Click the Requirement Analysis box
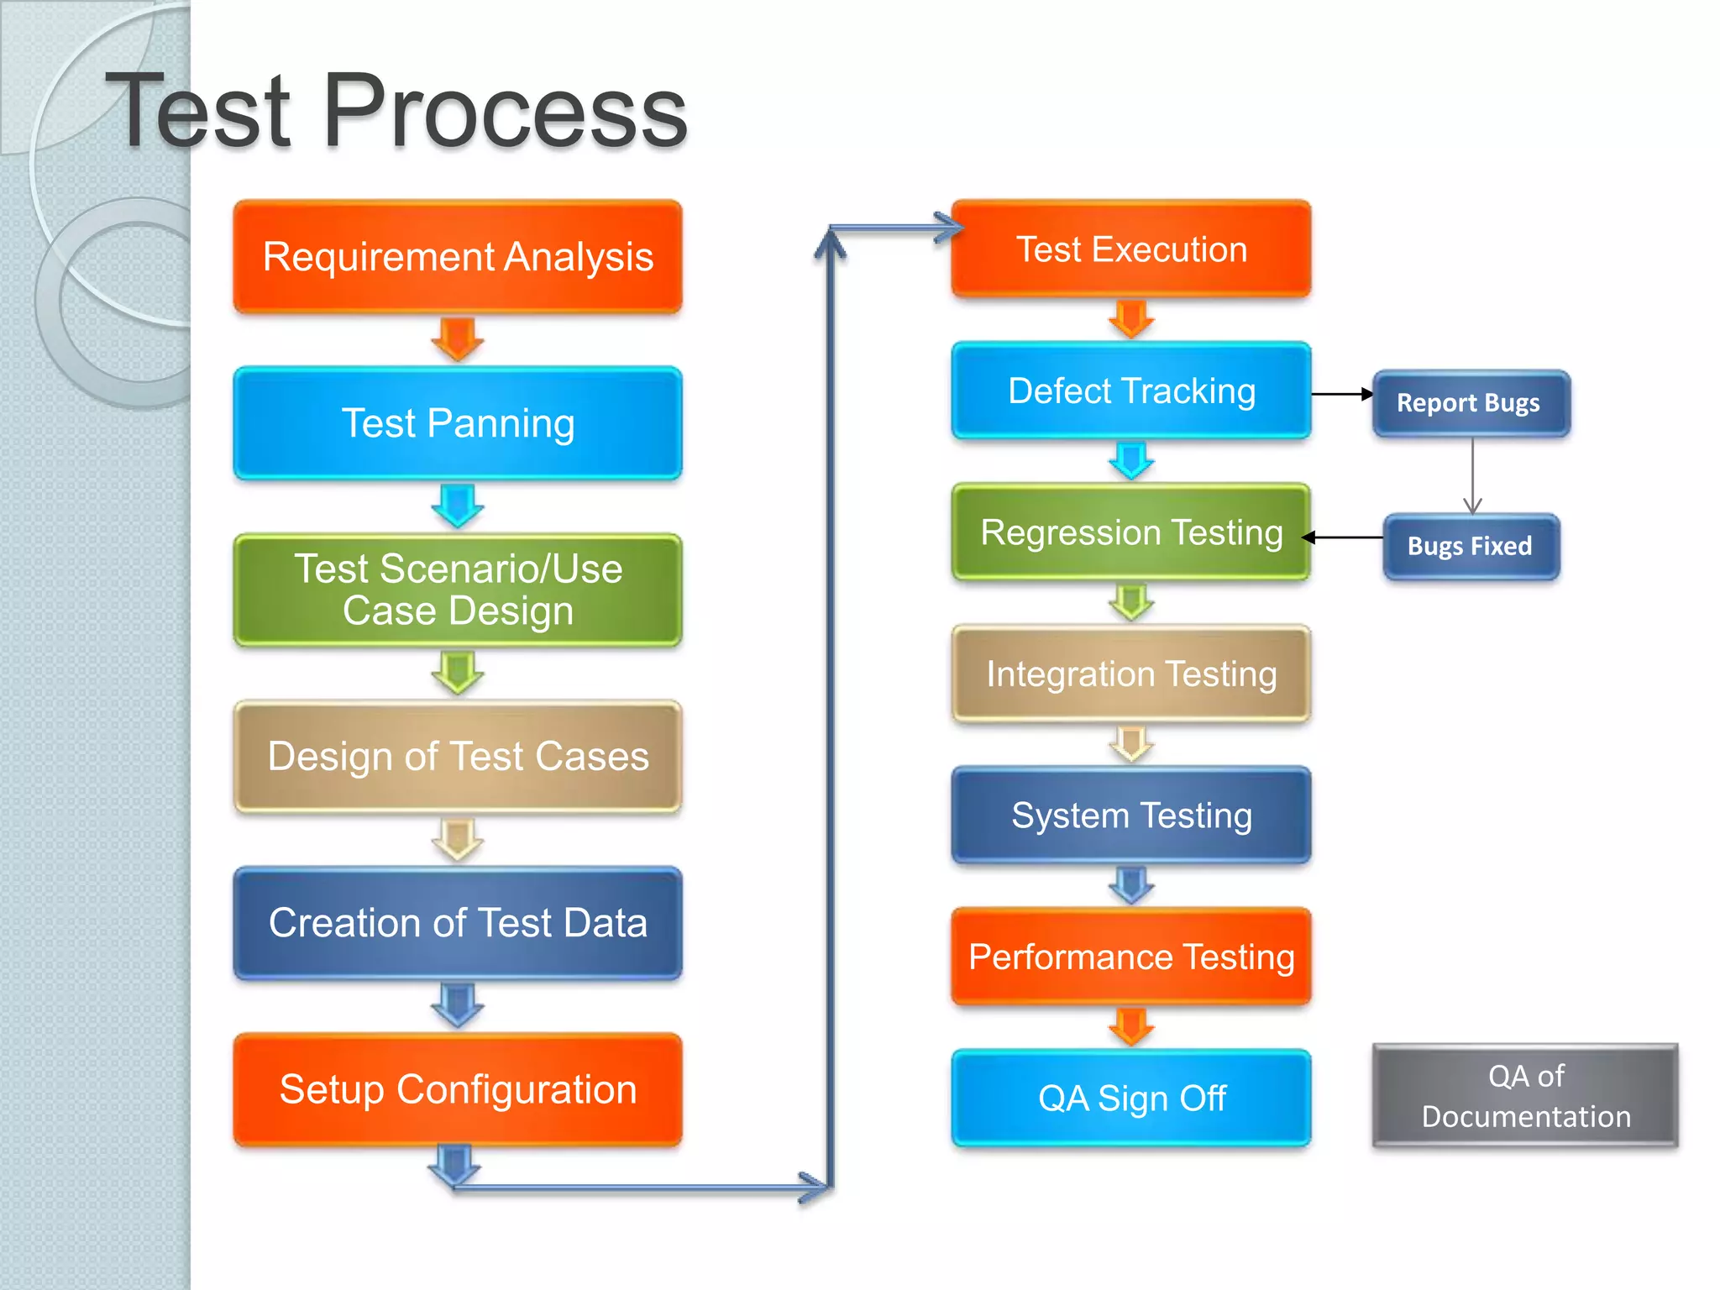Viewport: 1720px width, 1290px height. (x=458, y=257)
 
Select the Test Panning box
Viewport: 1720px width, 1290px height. (x=458, y=423)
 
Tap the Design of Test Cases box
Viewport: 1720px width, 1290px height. (x=458, y=756)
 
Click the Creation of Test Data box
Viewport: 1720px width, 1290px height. (x=458, y=923)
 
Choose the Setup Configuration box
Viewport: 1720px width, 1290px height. (x=458, y=1089)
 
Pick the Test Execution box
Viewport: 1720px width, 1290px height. (x=1131, y=249)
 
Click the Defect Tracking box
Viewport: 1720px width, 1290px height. (x=1131, y=391)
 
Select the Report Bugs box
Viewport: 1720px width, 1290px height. (x=1471, y=403)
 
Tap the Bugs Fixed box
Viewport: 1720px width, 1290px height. (x=1471, y=547)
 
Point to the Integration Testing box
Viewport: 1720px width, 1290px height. (x=1131, y=674)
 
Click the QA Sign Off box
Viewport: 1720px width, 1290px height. (x=1131, y=1098)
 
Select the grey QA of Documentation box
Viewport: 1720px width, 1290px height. (x=1525, y=1096)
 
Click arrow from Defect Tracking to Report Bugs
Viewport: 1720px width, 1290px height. (x=1341, y=394)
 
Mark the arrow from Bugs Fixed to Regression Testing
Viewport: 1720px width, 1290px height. (x=1344, y=537)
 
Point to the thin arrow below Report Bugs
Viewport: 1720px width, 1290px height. (x=1472, y=475)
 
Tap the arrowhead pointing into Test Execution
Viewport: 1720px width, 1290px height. (x=949, y=228)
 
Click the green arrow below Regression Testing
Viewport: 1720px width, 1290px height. (x=1131, y=602)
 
